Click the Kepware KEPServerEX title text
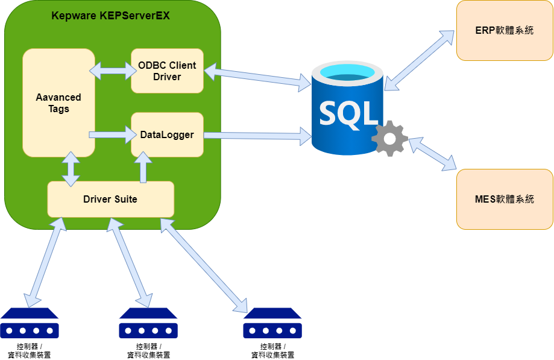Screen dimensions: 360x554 pos(110,16)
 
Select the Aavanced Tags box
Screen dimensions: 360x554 pos(58,103)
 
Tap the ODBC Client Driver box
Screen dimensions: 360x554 pos(167,71)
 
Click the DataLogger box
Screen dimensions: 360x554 pos(167,134)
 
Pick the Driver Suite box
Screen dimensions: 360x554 pos(110,199)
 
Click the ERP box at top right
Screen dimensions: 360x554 pos(505,30)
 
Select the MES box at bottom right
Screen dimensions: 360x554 pos(505,199)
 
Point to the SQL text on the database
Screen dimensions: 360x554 pos(349,113)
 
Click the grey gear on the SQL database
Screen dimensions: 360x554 pos(390,139)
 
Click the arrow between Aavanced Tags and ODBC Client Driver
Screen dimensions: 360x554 pos(113,71)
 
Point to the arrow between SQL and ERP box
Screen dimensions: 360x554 pos(420,60)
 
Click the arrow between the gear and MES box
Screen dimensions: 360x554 pos(433,154)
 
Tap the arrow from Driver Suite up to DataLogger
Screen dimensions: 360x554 pos(143,166)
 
